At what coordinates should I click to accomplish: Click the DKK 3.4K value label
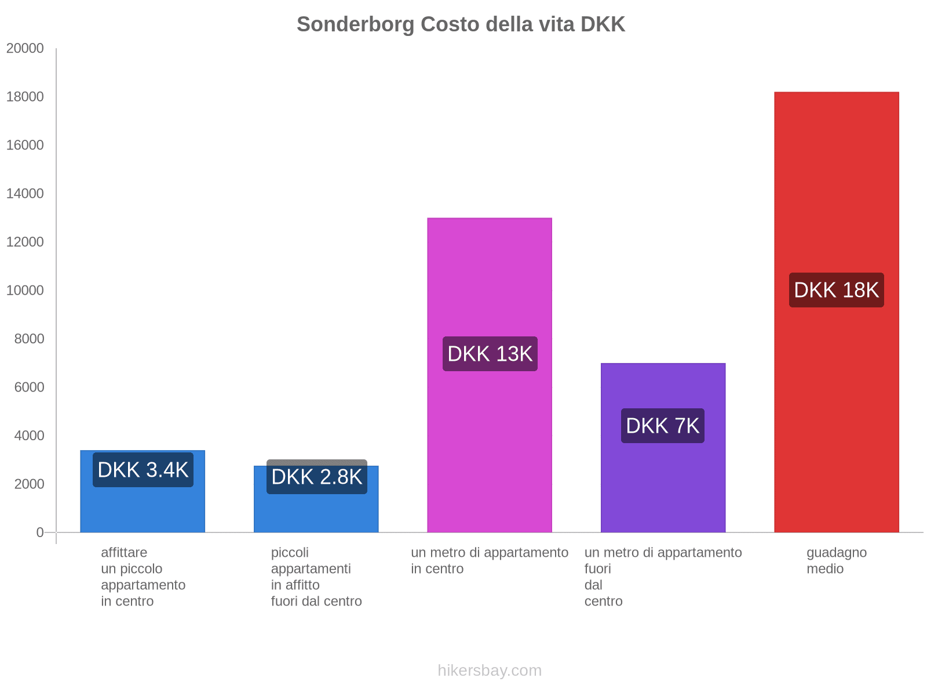coord(143,470)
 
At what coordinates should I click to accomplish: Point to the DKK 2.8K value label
coord(316,477)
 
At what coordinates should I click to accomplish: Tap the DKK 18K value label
coord(836,290)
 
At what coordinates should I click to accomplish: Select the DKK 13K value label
coord(490,354)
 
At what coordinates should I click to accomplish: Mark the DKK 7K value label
coord(663,426)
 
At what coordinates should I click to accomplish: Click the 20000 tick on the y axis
coord(25,48)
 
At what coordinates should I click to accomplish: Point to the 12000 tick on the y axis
coord(25,242)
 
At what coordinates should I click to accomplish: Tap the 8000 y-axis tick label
coord(29,339)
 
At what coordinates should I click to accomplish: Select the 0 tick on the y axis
coord(40,532)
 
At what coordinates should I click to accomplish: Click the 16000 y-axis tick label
coord(25,145)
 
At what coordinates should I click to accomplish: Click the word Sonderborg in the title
coord(356,24)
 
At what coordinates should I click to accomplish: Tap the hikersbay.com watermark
coord(490,670)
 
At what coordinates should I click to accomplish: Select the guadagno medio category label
coord(836,560)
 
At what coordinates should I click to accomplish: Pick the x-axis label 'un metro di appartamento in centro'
coord(490,560)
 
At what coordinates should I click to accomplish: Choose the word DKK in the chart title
coord(603,24)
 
